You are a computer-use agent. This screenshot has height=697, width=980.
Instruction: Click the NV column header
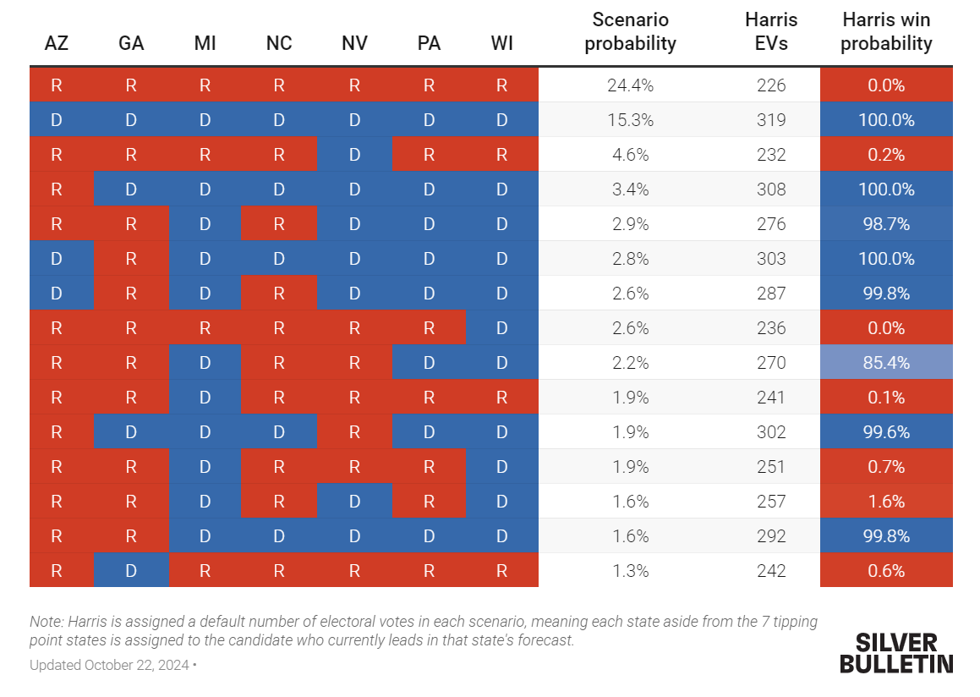354,43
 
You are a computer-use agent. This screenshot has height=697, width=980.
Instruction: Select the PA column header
429,43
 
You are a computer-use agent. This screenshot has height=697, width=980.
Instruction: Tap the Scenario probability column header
630,31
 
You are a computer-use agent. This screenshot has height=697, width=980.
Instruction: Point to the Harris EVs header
771,31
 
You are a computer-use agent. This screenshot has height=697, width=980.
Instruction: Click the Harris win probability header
886,31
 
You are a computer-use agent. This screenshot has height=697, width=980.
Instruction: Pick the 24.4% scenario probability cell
630,85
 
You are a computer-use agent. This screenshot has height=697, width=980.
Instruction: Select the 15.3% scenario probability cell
630,120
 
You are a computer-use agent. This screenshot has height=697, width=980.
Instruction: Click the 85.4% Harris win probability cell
886,363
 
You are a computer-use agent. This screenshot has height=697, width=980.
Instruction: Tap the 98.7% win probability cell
886,224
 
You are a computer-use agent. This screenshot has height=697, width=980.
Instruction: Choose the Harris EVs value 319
771,120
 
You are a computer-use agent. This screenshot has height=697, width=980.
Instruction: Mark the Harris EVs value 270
771,363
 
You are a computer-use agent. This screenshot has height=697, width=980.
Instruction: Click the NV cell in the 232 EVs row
354,155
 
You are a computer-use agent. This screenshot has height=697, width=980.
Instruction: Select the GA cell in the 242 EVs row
131,571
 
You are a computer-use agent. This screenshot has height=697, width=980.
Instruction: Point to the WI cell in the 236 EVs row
502,328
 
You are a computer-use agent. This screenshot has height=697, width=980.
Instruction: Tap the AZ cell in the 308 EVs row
57,189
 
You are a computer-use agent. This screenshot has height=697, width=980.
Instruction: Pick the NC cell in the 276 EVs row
279,224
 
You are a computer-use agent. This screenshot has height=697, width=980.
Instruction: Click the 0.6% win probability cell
886,571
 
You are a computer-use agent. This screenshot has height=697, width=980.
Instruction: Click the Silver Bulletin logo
896,653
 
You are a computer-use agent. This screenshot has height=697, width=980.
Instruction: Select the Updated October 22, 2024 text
109,665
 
